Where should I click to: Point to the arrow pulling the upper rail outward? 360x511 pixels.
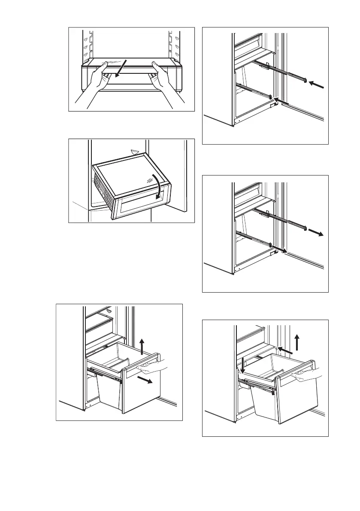pos(317,233)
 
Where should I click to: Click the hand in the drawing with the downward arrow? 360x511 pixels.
pos(306,375)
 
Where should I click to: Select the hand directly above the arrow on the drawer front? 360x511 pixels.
pos(150,366)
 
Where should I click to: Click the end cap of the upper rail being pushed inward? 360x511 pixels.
pos(304,81)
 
